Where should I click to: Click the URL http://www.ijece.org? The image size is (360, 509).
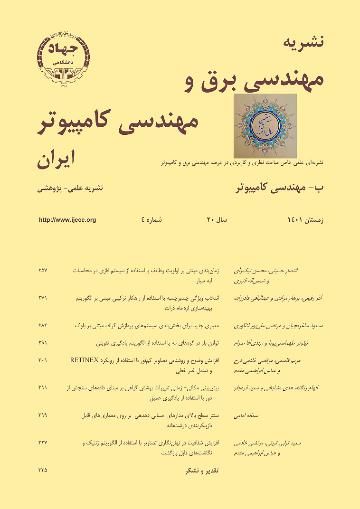pyautogui.click(x=67, y=219)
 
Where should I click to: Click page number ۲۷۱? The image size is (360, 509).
pyautogui.click(x=43, y=298)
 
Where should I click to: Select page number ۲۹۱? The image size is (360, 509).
pyautogui.click(x=43, y=341)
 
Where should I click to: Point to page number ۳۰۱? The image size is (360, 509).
pyautogui.click(x=43, y=359)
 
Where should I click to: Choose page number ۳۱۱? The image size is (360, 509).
pyautogui.click(x=43, y=387)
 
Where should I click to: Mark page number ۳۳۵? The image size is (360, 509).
pyautogui.click(x=43, y=471)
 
